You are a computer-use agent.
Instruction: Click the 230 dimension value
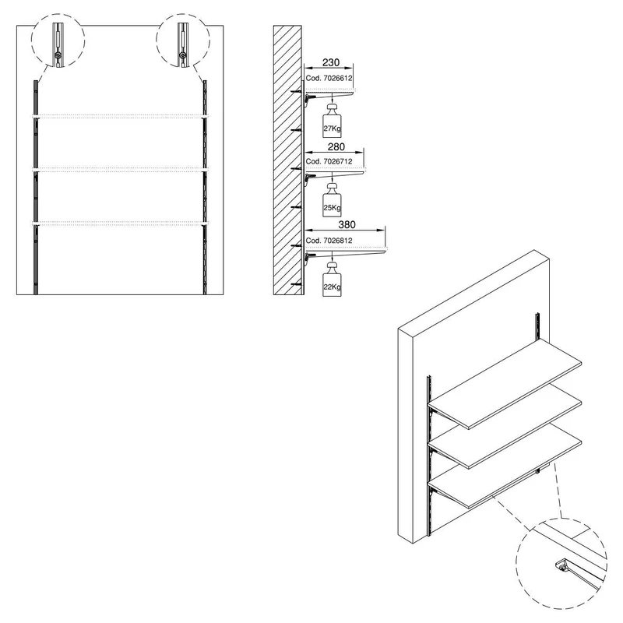tap(330, 62)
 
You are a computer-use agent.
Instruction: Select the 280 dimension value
tap(336, 146)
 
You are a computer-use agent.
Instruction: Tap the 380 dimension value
tap(347, 224)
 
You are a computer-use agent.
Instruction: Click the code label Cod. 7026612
tap(329, 79)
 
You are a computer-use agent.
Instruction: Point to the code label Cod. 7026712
tap(329, 161)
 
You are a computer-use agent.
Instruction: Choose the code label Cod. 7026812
tap(329, 241)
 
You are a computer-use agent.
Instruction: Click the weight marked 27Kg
tap(332, 121)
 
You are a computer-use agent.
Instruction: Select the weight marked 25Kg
tap(332, 200)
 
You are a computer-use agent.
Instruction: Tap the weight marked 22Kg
tap(332, 280)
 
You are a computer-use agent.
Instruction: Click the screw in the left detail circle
tap(58, 55)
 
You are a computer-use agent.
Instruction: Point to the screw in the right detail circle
tap(183, 55)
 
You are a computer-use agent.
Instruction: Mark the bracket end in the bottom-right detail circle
tap(561, 565)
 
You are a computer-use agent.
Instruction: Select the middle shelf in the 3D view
tap(505, 428)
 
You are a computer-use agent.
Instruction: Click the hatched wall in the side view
tap(287, 160)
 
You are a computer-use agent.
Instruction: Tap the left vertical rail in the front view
tap(36, 188)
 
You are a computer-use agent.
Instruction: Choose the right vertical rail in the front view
tap(205, 188)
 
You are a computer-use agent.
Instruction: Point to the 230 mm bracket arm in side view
tap(329, 94)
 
